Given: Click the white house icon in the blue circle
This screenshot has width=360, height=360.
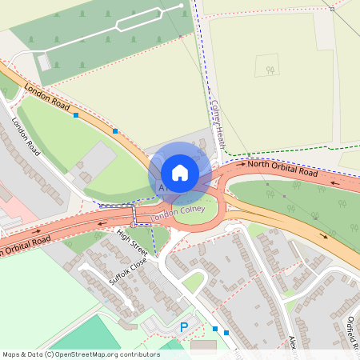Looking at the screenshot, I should pos(180,173).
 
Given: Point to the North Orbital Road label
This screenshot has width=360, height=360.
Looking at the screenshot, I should pos(282,169).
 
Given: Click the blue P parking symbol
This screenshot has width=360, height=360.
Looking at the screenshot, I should pos(183,327).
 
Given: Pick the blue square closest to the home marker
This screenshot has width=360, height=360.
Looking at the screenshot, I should pos(116,130).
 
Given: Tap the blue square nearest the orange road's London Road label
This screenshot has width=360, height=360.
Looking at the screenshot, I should pos(76,116).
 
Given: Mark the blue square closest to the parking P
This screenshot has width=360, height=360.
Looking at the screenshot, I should pos(215,328).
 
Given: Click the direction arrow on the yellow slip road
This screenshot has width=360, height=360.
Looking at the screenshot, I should pos(324,236).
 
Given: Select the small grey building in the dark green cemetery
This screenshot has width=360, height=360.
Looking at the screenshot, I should pos(45,62).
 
